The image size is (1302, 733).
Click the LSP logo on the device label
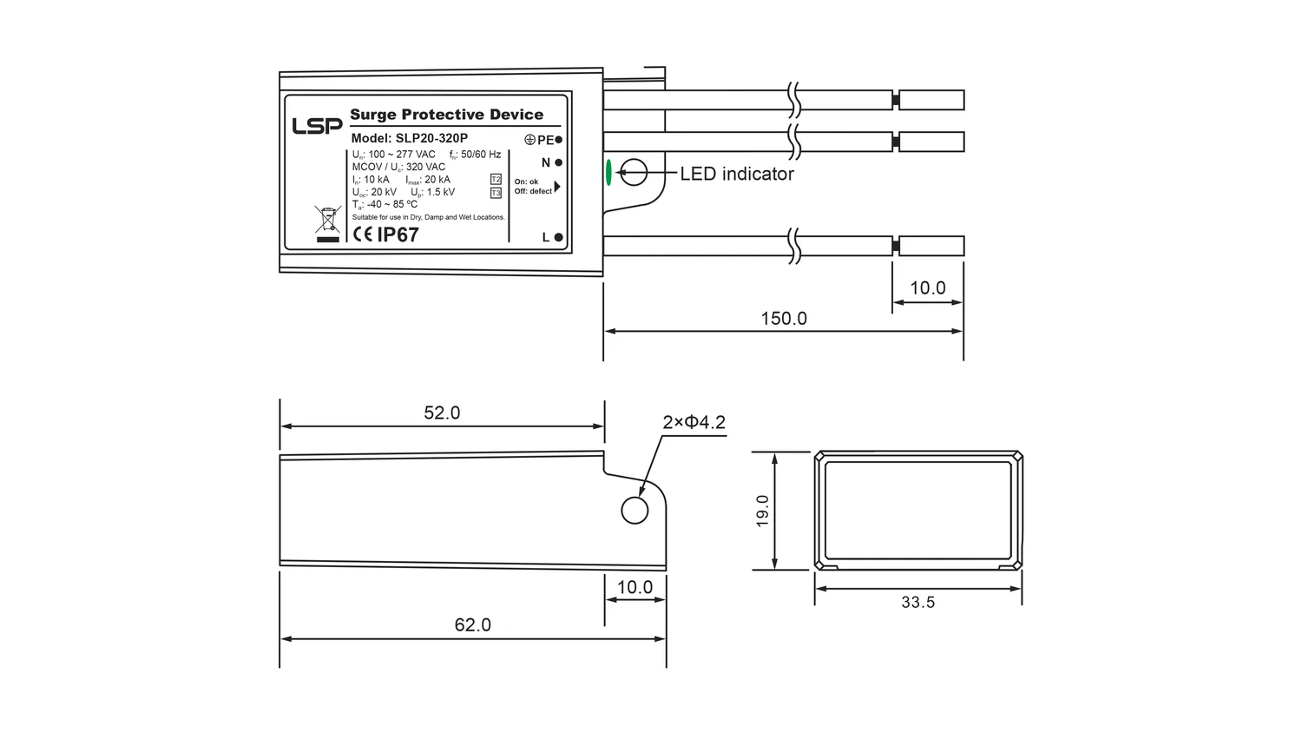[x=317, y=126]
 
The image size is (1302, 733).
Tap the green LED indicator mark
[x=608, y=173]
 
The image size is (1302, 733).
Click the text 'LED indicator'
[x=737, y=174]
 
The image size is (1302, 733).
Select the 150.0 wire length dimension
[x=784, y=318]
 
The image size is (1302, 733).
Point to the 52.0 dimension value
[x=442, y=413]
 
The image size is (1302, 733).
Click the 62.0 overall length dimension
[x=472, y=624]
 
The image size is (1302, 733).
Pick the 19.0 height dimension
[x=762, y=511]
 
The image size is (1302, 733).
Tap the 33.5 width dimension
[x=917, y=602]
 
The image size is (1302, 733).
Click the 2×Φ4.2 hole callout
[x=694, y=422]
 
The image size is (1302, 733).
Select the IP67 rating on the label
[x=398, y=234]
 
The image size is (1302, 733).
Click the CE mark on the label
[x=364, y=234]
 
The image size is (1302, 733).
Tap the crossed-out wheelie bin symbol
[x=328, y=220]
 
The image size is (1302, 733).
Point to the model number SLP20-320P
[x=432, y=138]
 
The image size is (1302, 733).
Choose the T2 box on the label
[x=496, y=179]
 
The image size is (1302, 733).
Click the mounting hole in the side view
[x=635, y=511]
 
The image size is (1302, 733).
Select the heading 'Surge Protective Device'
[x=446, y=115]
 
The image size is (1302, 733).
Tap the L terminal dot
[x=559, y=237]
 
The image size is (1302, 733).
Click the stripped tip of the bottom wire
[x=931, y=246]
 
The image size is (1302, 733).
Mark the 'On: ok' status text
[x=526, y=182]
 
